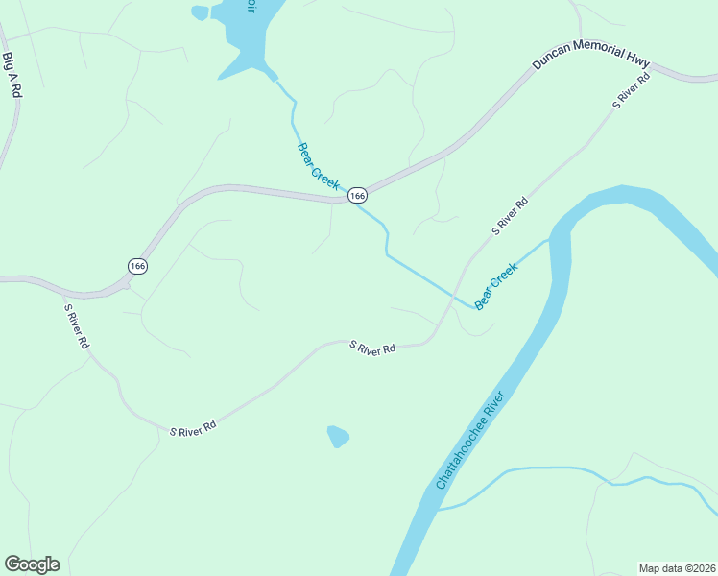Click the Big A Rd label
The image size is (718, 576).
pyautogui.click(x=12, y=74)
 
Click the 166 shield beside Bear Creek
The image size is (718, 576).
pyautogui.click(x=357, y=195)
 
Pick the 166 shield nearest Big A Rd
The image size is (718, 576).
pyautogui.click(x=137, y=265)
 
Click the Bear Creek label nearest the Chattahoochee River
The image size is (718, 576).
pyautogui.click(x=496, y=286)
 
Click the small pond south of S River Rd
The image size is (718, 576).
pyautogui.click(x=337, y=437)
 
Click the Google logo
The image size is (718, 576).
pyautogui.click(x=32, y=564)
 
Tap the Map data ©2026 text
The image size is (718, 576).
pyautogui.click(x=677, y=568)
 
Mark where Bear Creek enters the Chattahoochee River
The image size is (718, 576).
pyautogui.click(x=550, y=239)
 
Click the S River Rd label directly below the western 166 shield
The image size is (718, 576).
pyautogui.click(x=77, y=326)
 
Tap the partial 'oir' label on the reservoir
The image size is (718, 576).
pyautogui.click(x=251, y=6)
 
